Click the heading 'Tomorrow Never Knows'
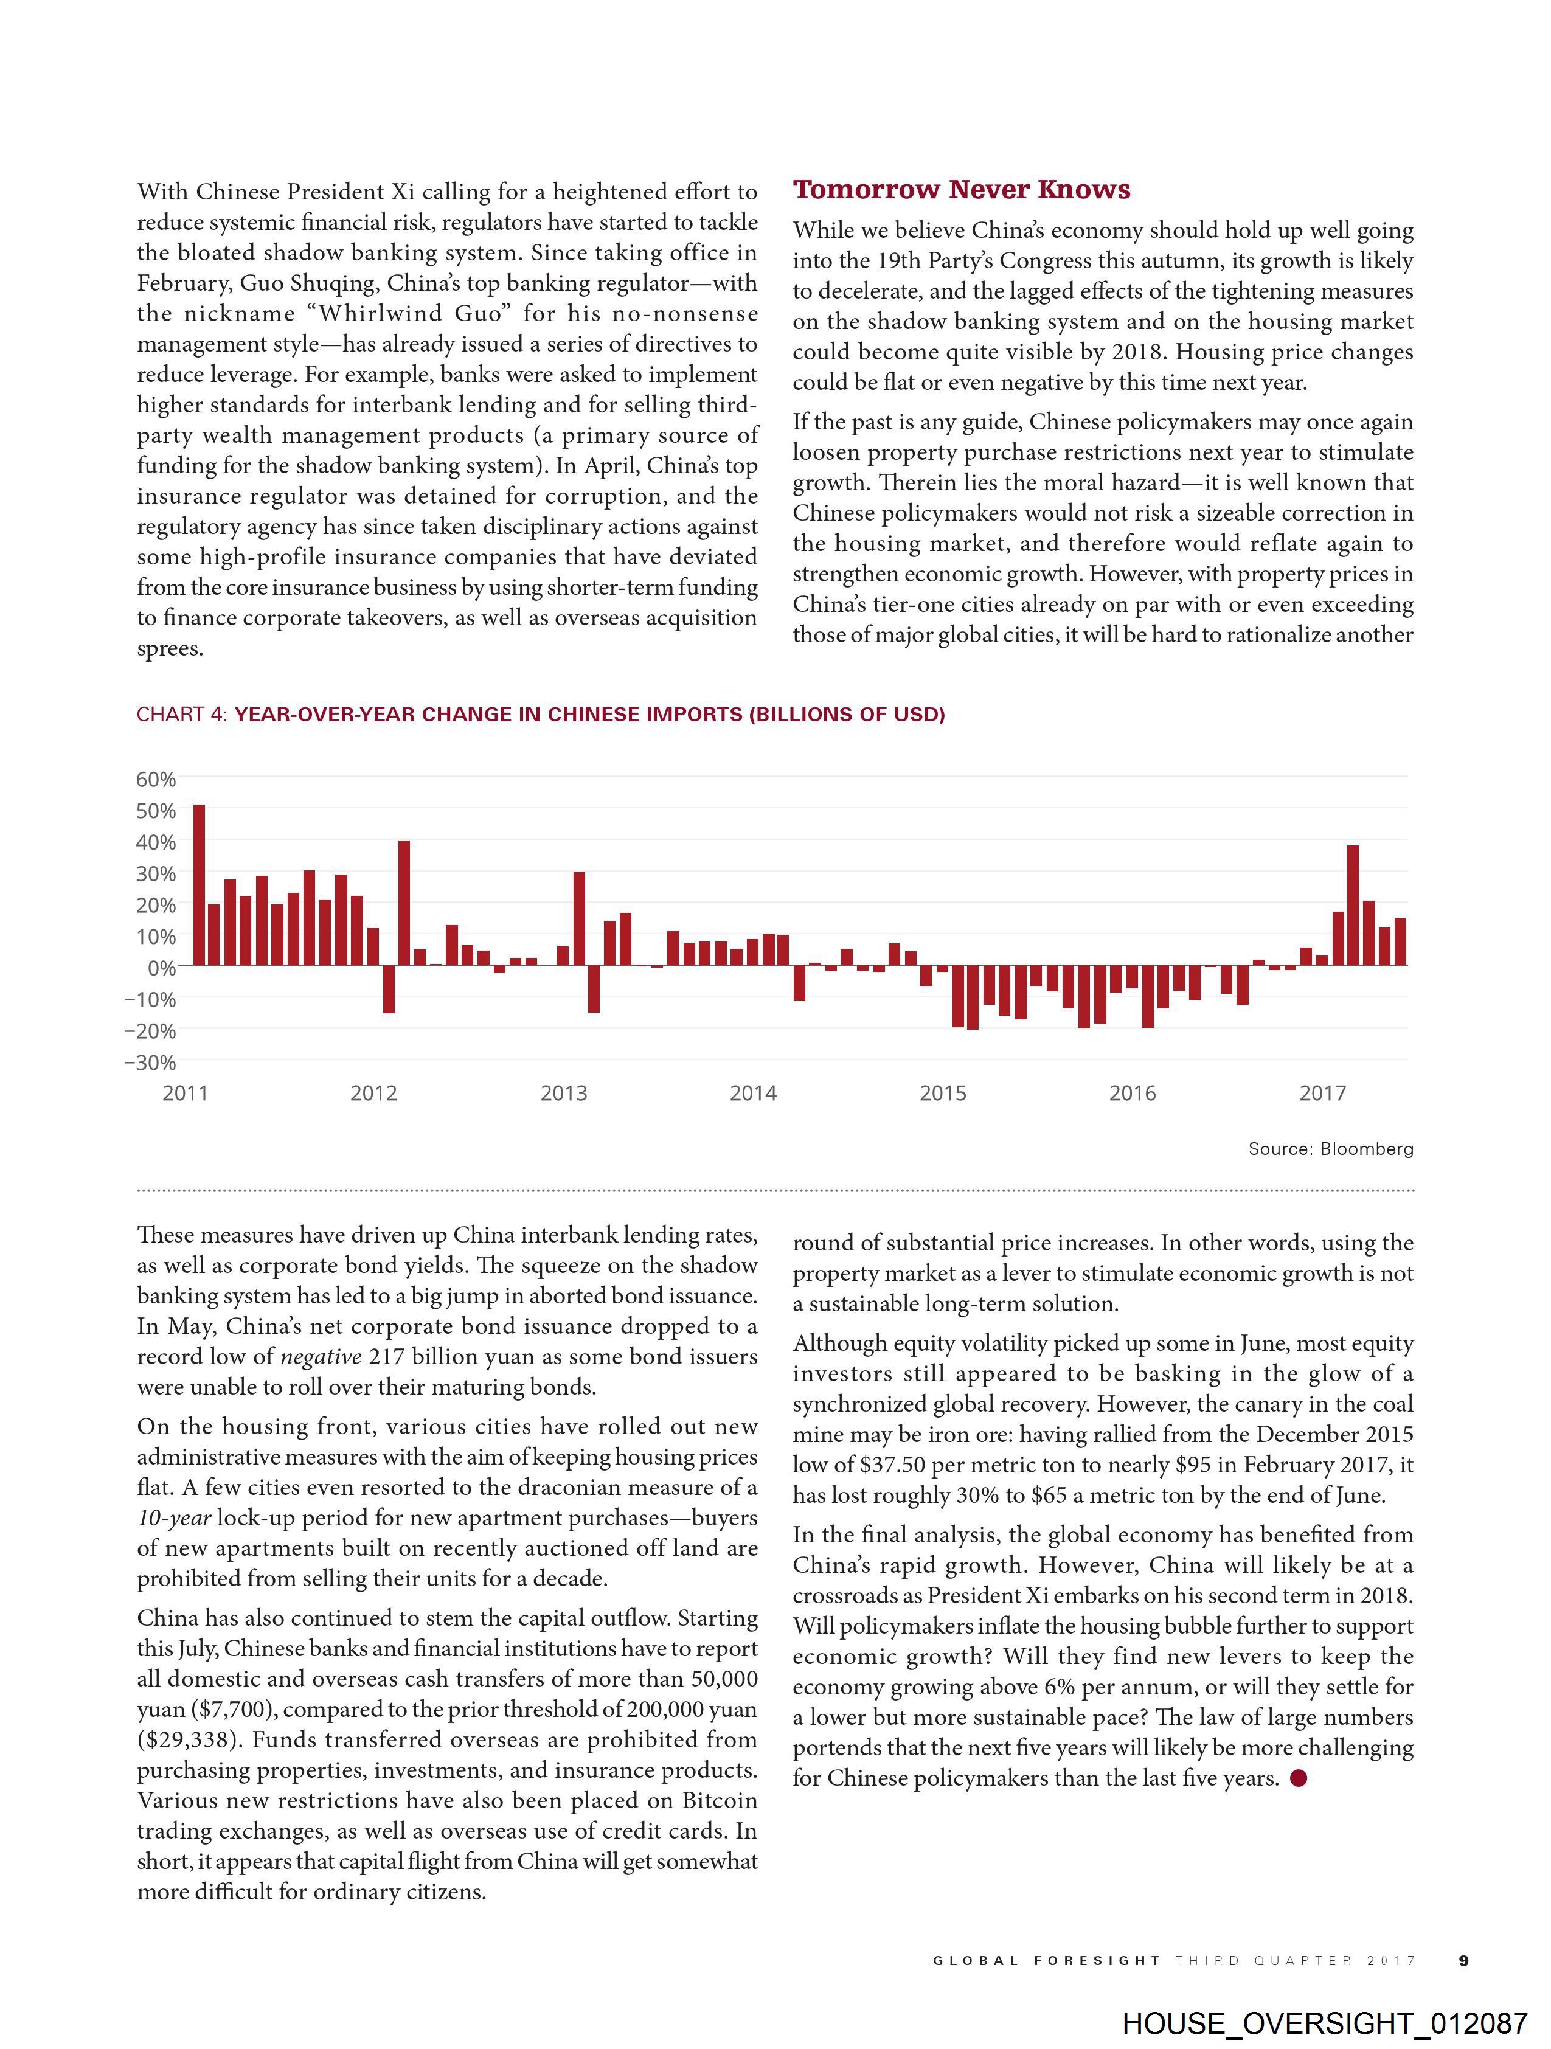[x=961, y=190]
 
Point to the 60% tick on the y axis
[x=156, y=779]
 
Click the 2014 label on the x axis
[x=752, y=1093]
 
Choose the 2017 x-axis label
[x=1322, y=1093]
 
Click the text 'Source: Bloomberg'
[x=1330, y=1149]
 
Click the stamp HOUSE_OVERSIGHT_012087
[x=1324, y=2022]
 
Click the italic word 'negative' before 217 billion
[x=321, y=1357]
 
